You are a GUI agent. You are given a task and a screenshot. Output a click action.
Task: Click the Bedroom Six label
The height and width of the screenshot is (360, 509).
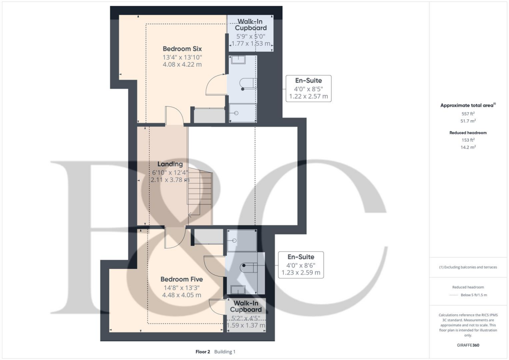tap(182, 49)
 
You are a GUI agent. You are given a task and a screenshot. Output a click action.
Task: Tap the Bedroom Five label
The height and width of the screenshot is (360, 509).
tap(181, 279)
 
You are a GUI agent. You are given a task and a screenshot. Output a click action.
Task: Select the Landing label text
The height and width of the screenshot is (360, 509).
tap(170, 164)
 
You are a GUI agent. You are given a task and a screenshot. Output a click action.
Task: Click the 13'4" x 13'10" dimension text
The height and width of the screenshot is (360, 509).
tap(182, 57)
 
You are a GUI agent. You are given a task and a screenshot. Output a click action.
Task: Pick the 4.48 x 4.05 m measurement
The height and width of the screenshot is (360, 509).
tap(181, 295)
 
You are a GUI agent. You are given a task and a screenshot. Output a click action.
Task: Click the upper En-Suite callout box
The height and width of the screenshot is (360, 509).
tap(308, 89)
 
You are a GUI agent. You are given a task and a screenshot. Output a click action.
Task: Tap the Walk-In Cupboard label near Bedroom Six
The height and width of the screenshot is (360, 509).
tap(251, 25)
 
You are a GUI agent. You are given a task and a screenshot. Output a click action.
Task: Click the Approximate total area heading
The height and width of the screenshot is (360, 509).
tap(467, 105)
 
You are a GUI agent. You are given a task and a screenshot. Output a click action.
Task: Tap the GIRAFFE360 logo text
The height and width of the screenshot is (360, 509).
tap(468, 345)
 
